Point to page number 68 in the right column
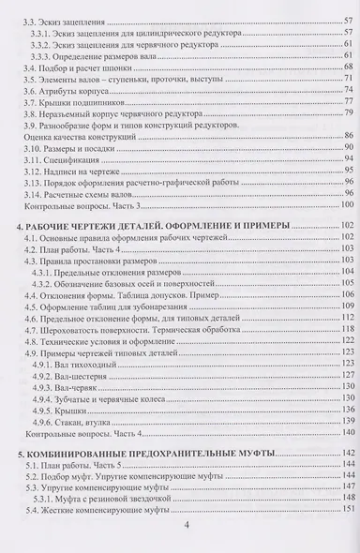coord(348,67)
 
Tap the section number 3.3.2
coord(44,43)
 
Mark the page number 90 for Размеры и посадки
coord(348,148)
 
